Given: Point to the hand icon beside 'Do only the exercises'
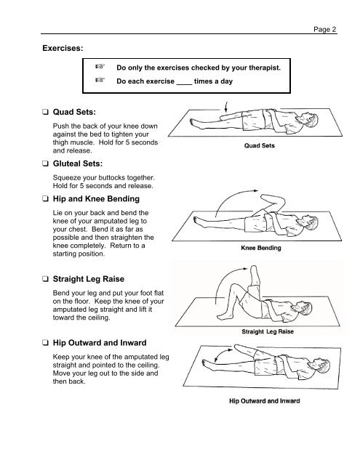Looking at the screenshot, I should click(x=101, y=67).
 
